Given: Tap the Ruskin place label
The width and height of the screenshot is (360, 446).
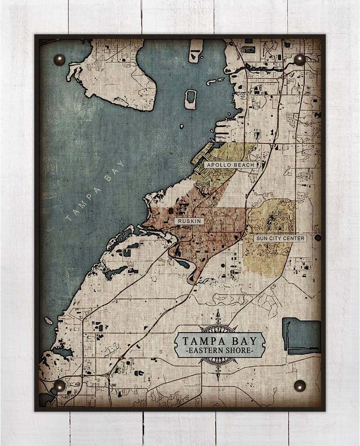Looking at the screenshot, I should tap(190, 221).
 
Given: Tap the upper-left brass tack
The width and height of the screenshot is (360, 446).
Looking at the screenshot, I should tap(58, 59).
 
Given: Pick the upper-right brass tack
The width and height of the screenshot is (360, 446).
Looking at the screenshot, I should tap(300, 59).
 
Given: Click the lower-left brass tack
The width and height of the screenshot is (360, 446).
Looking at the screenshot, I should tap(58, 386).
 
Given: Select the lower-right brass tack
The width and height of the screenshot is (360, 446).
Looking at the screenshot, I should tap(300, 386).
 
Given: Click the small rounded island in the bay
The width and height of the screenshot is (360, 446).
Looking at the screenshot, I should tap(191, 99).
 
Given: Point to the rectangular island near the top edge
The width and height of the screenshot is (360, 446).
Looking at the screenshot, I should tap(196, 51).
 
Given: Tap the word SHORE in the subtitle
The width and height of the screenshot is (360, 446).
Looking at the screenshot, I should tap(240, 351).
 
